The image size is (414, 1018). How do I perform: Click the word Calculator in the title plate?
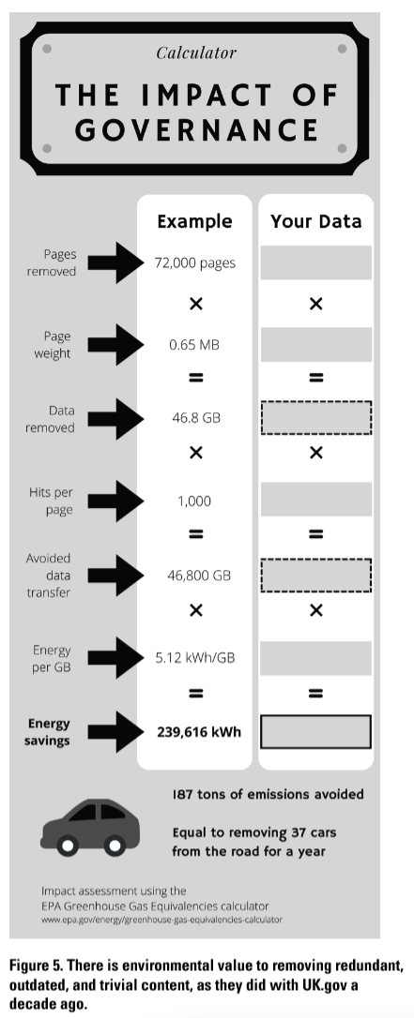coord(196,52)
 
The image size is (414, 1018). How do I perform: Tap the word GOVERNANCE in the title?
coord(196,130)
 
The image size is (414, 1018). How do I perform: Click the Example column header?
coord(194,221)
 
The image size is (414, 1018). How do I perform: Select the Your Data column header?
coord(315,221)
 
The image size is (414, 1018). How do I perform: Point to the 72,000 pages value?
coord(195,263)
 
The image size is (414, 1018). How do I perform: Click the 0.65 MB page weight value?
coord(194,345)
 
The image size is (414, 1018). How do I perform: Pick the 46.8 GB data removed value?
coord(196,418)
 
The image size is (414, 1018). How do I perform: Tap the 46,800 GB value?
coord(196,576)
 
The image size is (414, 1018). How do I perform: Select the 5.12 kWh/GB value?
coord(195,658)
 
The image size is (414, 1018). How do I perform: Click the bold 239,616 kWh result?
coord(199,732)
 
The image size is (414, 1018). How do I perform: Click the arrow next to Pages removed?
coord(115,262)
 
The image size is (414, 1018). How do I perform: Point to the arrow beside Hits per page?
coord(115,501)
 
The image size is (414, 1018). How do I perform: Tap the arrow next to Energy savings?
coord(115,732)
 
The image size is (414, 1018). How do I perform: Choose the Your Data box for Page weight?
coord(315,344)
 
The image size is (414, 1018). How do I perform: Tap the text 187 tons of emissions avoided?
coord(268,794)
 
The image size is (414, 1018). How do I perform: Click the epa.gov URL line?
coord(161,920)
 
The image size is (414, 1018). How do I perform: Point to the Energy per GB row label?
coord(52,658)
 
